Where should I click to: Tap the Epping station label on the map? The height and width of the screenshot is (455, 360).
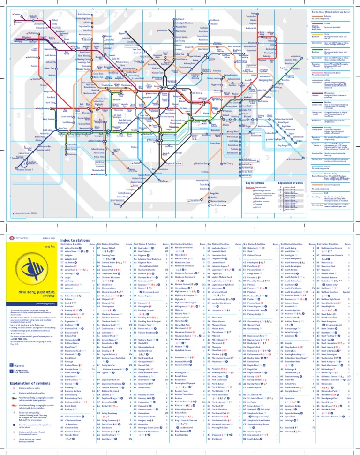[267, 14]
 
